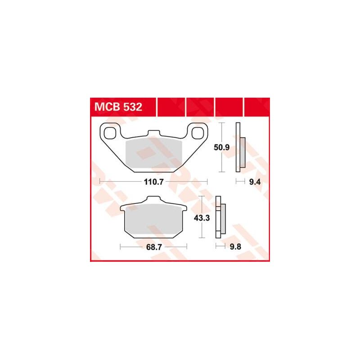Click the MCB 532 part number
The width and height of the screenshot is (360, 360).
(x=118, y=107)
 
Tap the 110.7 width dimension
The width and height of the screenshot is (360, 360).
(x=153, y=182)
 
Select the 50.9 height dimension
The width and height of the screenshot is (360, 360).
(x=221, y=147)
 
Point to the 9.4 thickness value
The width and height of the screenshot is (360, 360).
(x=255, y=182)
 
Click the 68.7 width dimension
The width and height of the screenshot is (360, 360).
(x=154, y=247)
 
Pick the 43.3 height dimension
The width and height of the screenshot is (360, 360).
(x=202, y=218)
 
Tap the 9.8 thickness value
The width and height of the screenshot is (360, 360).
(x=235, y=247)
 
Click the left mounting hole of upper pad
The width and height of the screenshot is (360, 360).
(x=110, y=133)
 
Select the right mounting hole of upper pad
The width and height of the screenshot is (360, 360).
(x=198, y=133)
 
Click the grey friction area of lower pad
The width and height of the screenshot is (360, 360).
(x=153, y=219)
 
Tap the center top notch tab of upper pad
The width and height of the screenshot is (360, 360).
(x=153, y=133)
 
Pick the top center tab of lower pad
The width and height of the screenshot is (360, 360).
(x=153, y=199)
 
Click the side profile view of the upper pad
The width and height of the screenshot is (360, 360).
(x=240, y=147)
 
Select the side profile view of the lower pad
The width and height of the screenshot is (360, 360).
(x=220, y=217)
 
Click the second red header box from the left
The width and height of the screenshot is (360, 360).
(x=171, y=107)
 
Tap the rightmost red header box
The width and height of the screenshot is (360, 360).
(x=257, y=107)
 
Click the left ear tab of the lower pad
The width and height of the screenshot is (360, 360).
(x=123, y=208)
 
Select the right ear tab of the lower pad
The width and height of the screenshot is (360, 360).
(x=184, y=208)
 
